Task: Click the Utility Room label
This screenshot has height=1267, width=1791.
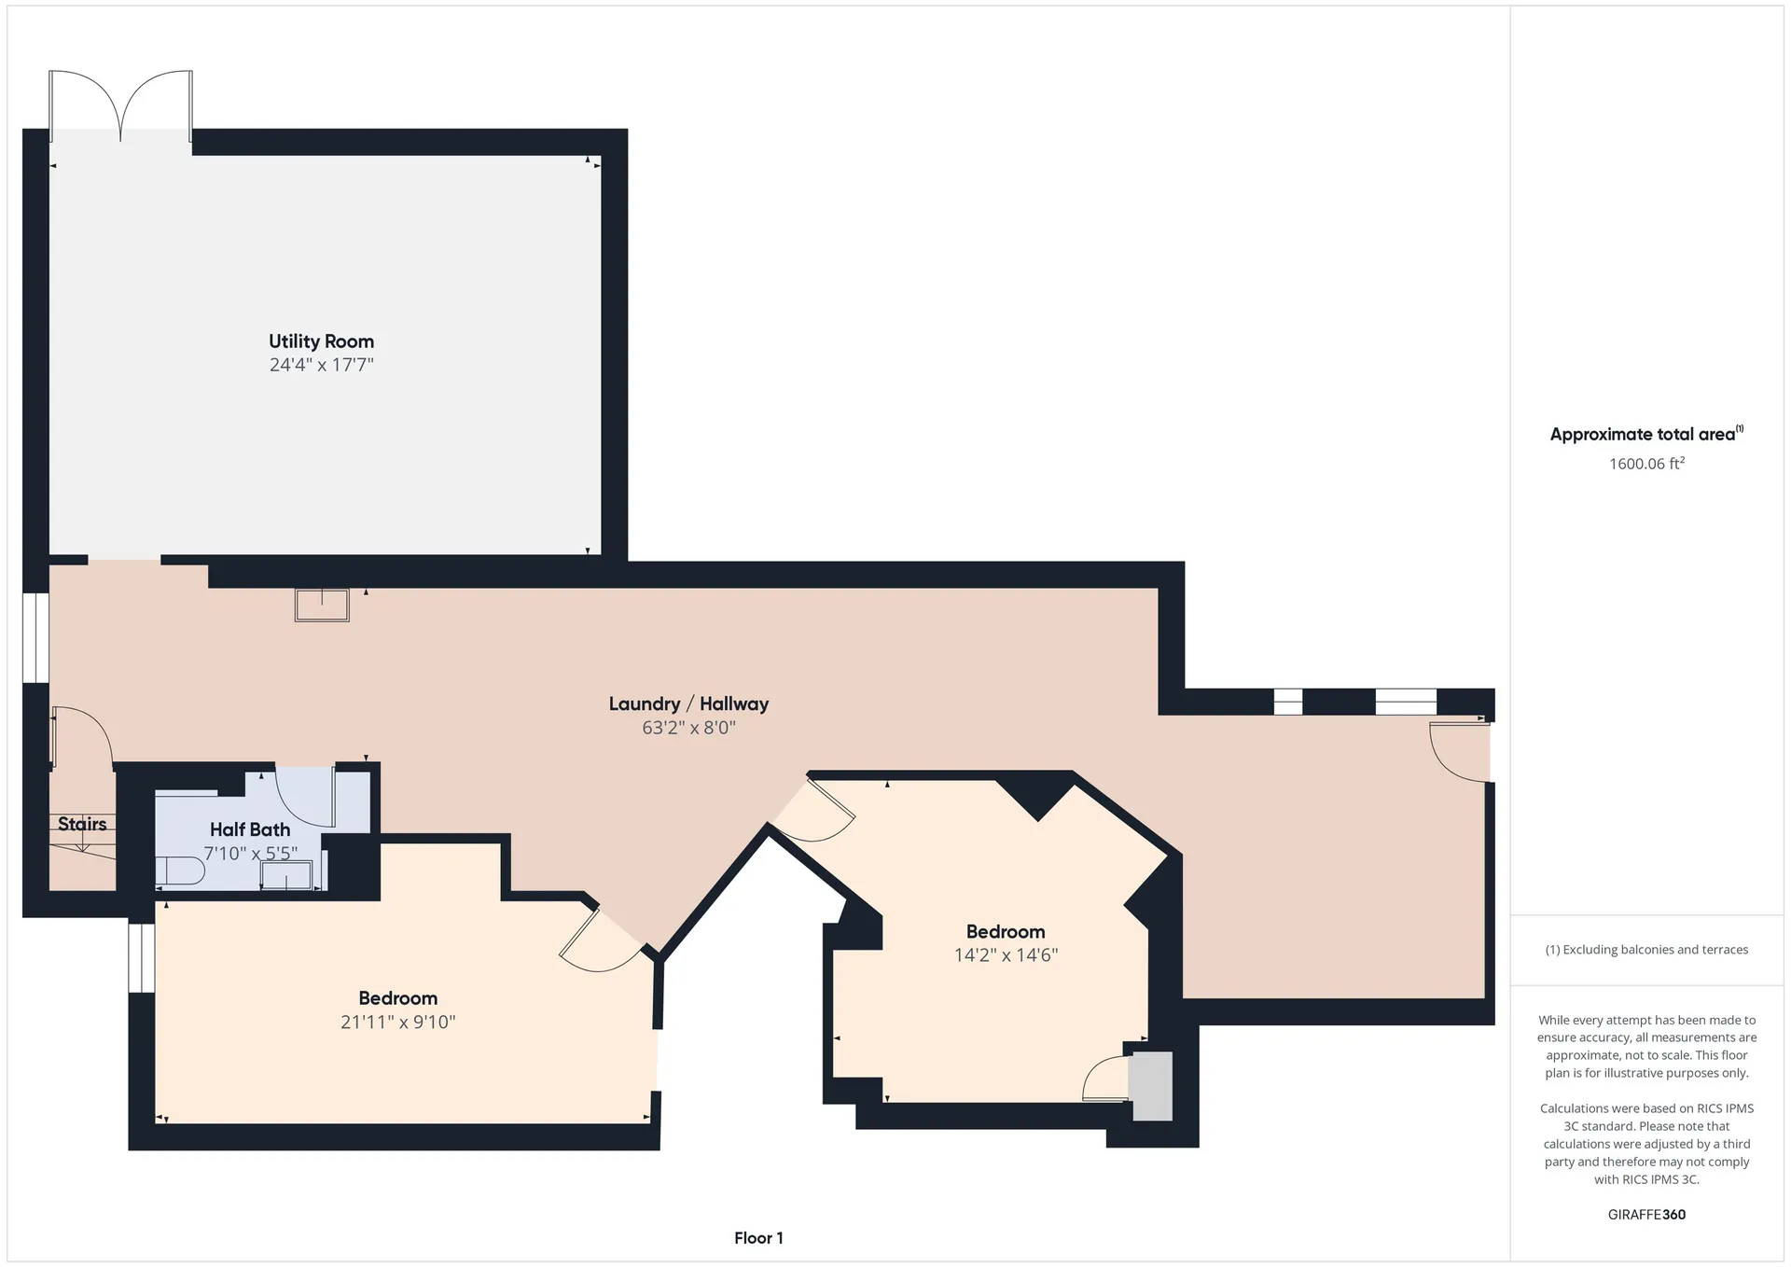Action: [x=321, y=341]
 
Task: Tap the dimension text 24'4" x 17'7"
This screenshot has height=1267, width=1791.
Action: [x=321, y=365]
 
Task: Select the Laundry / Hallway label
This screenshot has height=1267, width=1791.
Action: [x=688, y=704]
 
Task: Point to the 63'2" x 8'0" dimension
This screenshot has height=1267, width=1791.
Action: [x=688, y=728]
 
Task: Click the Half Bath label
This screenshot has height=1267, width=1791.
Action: [x=249, y=829]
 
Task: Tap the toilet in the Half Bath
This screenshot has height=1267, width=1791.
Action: [x=180, y=871]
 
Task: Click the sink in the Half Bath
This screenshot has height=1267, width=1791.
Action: [x=287, y=875]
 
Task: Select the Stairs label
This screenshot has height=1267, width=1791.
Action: [x=82, y=824]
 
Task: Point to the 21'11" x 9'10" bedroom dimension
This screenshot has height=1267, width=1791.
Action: [x=397, y=1022]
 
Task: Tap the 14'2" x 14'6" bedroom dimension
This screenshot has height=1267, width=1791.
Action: [x=1006, y=955]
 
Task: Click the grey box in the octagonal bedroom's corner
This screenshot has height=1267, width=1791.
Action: [x=1150, y=1086]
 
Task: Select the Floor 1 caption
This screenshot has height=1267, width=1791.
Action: [x=758, y=1238]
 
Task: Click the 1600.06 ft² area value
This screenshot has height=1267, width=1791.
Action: [x=1646, y=463]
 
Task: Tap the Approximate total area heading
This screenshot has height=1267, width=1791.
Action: [x=1646, y=434]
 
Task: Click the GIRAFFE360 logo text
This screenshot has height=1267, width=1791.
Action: [x=1646, y=1215]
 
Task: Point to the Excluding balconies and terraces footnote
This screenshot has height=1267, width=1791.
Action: [x=1646, y=950]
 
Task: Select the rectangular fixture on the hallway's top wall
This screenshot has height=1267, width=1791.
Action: [x=322, y=605]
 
